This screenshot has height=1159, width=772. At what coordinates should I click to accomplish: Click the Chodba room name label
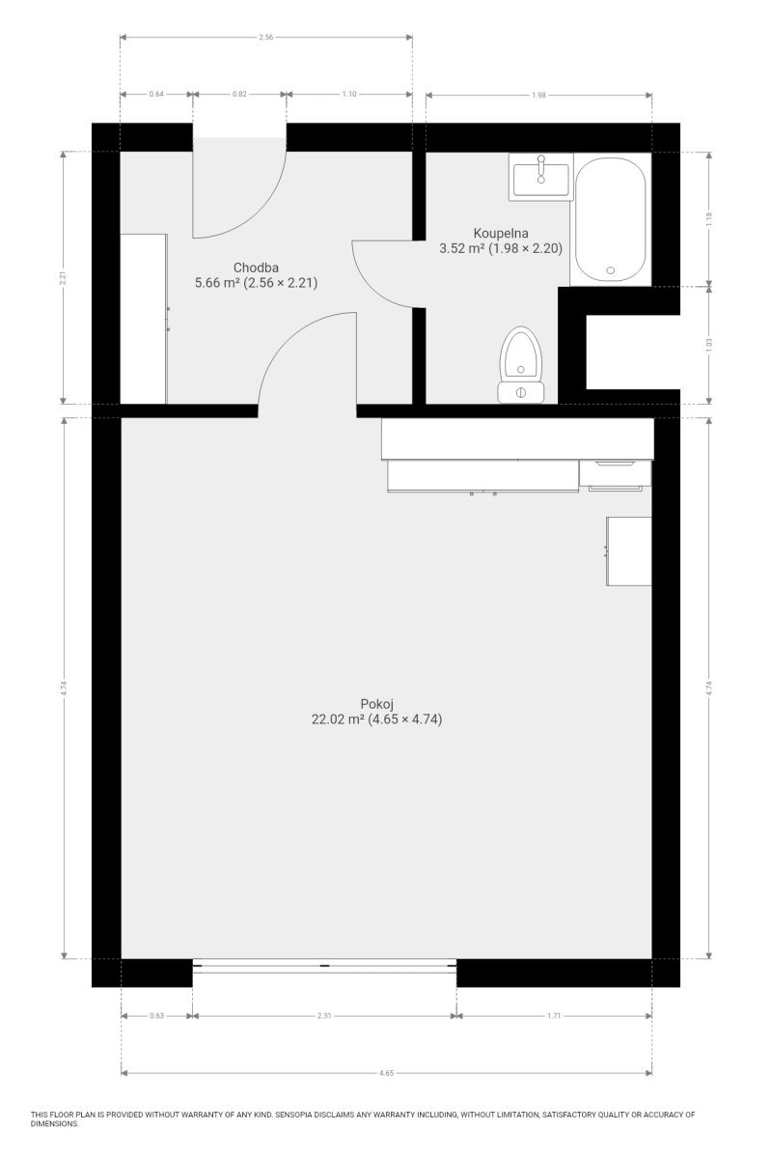pyautogui.click(x=256, y=268)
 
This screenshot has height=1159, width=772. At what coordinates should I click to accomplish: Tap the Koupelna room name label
pyautogui.click(x=501, y=233)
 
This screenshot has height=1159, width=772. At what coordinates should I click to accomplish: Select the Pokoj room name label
pyautogui.click(x=377, y=704)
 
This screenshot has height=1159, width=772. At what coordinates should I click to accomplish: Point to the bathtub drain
pyautogui.click(x=611, y=270)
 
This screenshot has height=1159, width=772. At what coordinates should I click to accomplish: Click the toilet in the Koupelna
pyautogui.click(x=521, y=365)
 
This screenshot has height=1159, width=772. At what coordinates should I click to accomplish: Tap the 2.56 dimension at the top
pyautogui.click(x=265, y=38)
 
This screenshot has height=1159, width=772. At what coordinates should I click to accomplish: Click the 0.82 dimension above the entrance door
pyautogui.click(x=239, y=95)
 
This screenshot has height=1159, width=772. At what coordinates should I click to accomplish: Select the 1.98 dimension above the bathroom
pyautogui.click(x=538, y=96)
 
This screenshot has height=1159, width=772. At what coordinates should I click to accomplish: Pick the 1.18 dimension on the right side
pyautogui.click(x=709, y=219)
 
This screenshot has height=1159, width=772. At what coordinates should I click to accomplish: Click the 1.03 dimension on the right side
pyautogui.click(x=709, y=345)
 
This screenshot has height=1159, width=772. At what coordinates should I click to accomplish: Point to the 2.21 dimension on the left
pyautogui.click(x=63, y=279)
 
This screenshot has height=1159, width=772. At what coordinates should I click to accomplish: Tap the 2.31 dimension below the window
pyautogui.click(x=324, y=1016)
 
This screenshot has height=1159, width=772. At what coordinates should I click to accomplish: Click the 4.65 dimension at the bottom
pyautogui.click(x=386, y=1073)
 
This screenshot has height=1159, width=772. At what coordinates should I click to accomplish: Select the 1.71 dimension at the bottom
pyautogui.click(x=554, y=1016)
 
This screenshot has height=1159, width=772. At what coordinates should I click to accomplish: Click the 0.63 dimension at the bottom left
pyautogui.click(x=156, y=1016)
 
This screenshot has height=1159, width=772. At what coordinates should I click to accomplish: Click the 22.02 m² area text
pyautogui.click(x=338, y=720)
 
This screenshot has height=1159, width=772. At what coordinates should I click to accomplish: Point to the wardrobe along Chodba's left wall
pyautogui.click(x=144, y=319)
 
